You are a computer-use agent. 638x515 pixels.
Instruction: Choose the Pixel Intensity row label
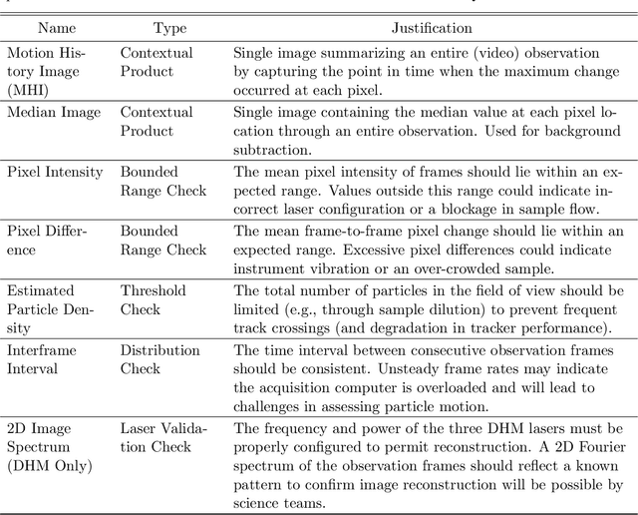(x=55, y=172)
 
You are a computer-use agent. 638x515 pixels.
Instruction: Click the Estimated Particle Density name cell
(x=44, y=308)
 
